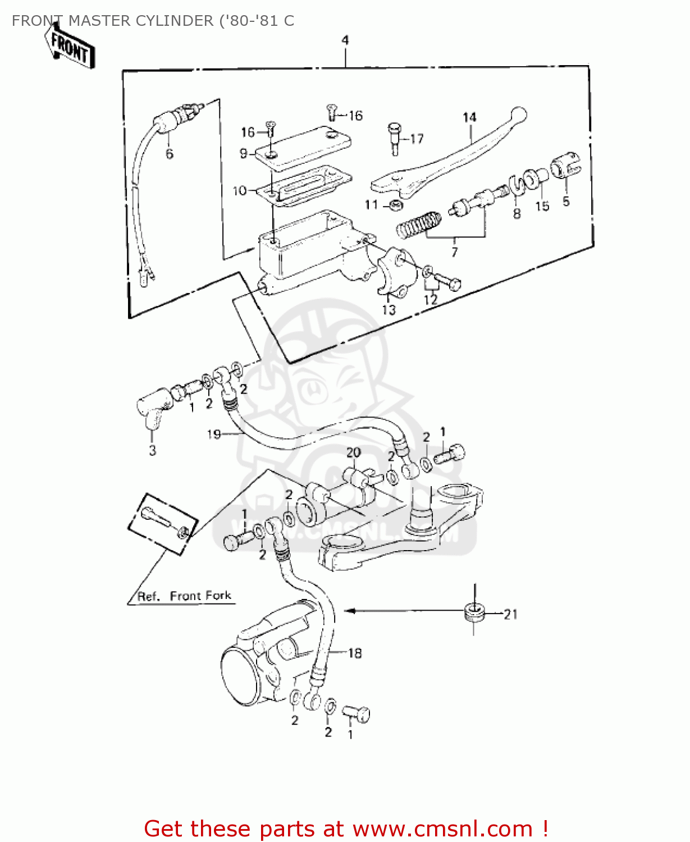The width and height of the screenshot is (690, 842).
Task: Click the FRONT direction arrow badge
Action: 70,48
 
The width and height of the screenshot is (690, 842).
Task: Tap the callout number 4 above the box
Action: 345,40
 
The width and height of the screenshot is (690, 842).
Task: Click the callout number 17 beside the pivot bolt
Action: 417,139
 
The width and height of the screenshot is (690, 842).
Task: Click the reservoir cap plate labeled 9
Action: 303,148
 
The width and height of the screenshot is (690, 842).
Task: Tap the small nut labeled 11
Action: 395,205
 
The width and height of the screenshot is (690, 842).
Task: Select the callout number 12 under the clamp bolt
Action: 430,300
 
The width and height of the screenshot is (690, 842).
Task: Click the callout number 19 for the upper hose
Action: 214,434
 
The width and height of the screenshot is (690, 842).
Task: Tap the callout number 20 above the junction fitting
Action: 353,452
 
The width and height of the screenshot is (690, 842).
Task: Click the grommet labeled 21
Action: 474,612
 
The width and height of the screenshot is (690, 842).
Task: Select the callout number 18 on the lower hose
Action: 355,653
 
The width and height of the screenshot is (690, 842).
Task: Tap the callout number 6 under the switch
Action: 169,154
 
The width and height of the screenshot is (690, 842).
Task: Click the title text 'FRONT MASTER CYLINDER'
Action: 112,21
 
